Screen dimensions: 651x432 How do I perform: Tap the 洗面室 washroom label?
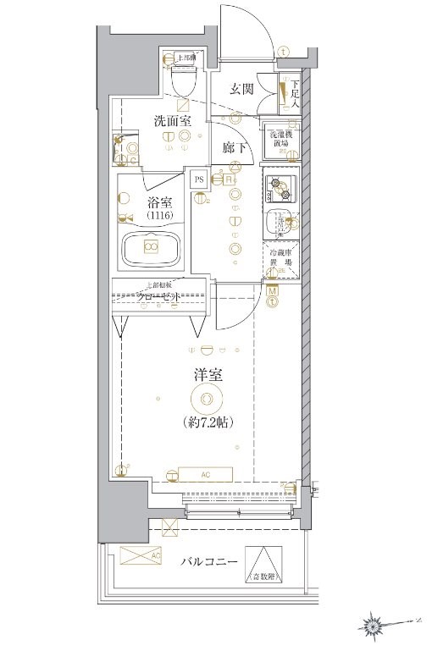(173, 121)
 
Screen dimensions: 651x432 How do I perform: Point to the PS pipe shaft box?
(199, 179)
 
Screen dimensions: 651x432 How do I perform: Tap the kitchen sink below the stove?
(280, 223)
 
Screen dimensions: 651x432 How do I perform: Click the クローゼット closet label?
(160, 297)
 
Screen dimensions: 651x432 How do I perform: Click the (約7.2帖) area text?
(208, 421)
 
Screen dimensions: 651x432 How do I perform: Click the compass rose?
(373, 626)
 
